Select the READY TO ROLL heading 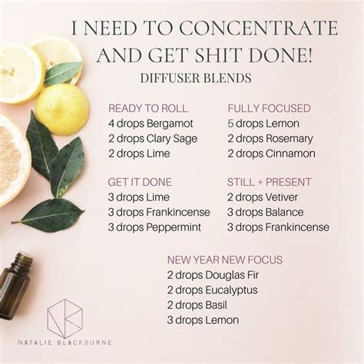click(x=147, y=108)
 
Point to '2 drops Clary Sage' click(x=154, y=138)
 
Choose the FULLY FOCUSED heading click(x=269, y=108)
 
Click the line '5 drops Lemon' click(x=263, y=124)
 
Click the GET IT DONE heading click(x=140, y=182)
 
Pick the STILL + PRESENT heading click(x=269, y=182)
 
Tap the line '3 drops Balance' click(x=266, y=212)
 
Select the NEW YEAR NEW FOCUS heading click(x=225, y=260)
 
